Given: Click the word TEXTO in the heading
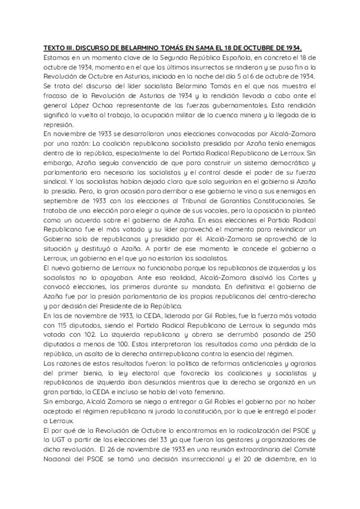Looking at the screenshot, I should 56,49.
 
